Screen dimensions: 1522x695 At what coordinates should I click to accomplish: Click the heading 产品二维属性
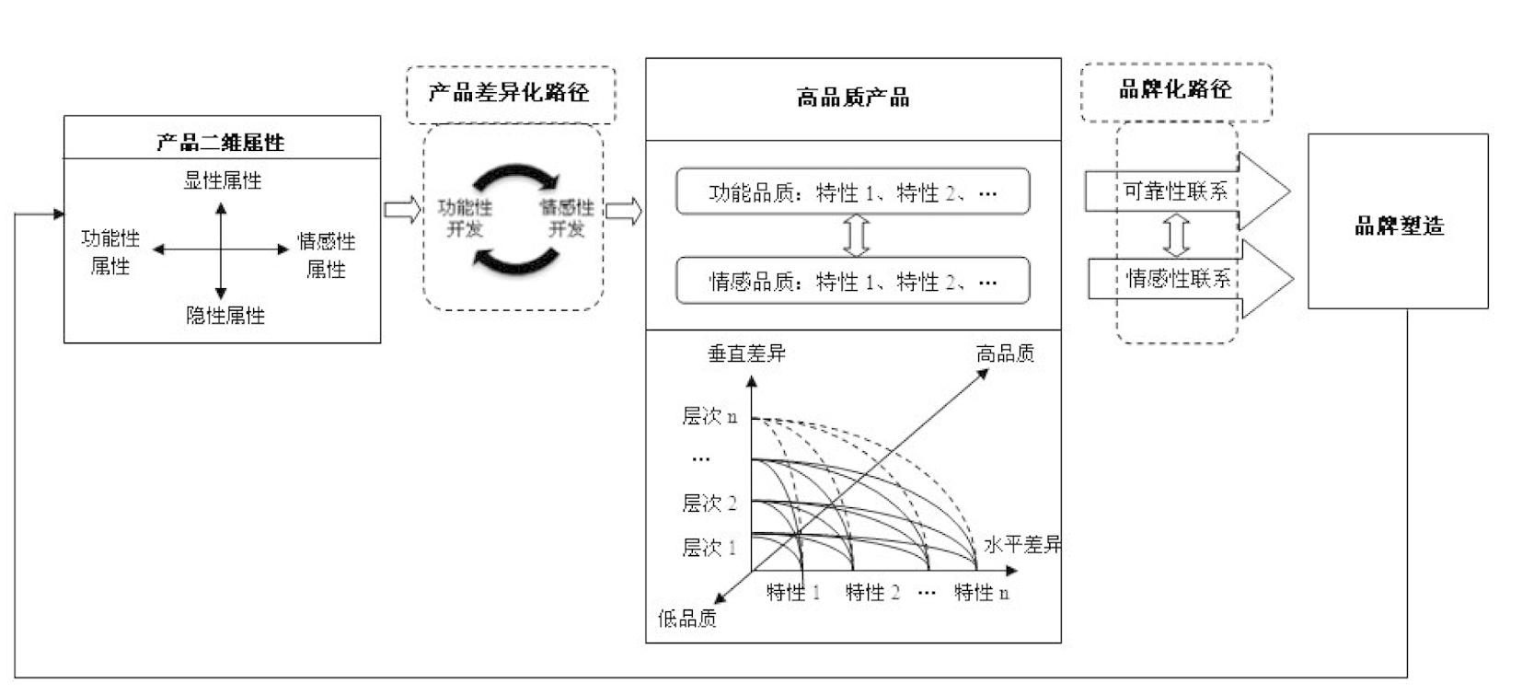tap(220, 142)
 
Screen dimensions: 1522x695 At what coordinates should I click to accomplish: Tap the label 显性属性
tap(222, 180)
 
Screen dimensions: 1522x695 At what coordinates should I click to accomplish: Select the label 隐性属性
tap(225, 315)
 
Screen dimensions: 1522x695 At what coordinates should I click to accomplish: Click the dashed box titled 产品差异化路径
tap(511, 95)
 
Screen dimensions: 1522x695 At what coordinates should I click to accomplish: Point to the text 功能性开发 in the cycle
tap(465, 217)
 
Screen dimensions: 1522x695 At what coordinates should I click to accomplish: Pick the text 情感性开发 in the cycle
tap(567, 217)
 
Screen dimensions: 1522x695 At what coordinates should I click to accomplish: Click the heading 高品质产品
tap(853, 98)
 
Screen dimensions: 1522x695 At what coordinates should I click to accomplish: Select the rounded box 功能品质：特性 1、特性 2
tap(853, 191)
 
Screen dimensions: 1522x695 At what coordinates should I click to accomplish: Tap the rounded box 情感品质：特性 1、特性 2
tap(853, 280)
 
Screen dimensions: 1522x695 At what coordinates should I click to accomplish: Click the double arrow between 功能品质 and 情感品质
tap(856, 236)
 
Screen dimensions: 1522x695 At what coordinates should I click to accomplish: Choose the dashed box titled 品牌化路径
tap(1176, 92)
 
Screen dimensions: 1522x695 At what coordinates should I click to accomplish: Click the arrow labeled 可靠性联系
tap(1187, 191)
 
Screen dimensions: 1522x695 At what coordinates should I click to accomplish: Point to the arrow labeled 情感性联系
tap(1191, 278)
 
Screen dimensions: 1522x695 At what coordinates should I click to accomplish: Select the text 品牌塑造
tap(1399, 226)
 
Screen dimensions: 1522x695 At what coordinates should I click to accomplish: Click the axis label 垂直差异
tap(746, 353)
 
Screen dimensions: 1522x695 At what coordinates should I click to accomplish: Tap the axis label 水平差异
tap(1022, 544)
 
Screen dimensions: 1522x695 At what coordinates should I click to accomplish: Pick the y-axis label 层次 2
tap(709, 504)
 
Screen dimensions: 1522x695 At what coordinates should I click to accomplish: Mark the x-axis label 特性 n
tap(981, 592)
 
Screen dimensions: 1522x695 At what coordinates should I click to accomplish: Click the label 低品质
tap(687, 619)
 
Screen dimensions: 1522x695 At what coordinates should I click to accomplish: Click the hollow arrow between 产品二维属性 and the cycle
tap(403, 210)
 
